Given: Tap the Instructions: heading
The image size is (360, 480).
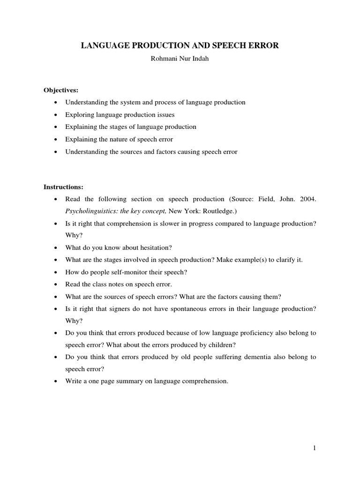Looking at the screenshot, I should point(63,187).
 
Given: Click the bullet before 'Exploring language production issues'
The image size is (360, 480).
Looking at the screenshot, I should point(56,115).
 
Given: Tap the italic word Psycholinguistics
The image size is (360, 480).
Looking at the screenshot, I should point(88,211).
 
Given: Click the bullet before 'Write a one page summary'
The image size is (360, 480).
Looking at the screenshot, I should point(56,382).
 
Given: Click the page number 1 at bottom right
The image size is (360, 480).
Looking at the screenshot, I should point(315,449).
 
